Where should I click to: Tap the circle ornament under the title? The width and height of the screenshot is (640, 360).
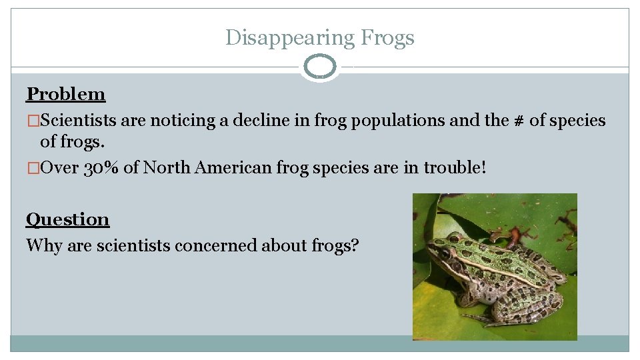[320, 67]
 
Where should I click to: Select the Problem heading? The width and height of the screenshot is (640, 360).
[66, 94]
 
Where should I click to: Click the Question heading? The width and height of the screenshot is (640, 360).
[67, 219]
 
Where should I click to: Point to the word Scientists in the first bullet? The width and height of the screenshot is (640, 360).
[79, 121]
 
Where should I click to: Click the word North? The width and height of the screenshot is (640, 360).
[167, 167]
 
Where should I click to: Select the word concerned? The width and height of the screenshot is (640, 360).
[215, 245]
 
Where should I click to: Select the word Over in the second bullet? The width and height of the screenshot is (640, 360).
[60, 167]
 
